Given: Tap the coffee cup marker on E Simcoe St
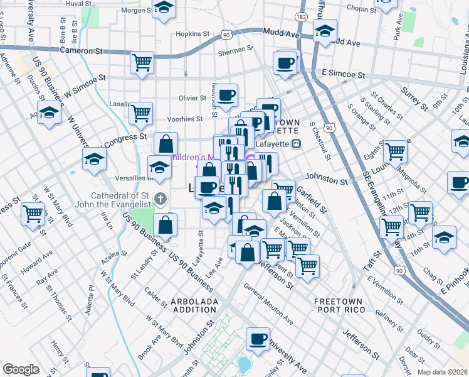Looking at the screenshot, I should tap(285, 63).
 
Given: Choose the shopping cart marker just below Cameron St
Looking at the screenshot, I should tap(142, 63).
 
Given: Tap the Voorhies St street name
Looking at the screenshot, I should tap(185, 118).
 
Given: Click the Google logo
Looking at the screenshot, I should tap(21, 369).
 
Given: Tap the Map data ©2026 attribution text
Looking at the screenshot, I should tap(443, 372).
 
